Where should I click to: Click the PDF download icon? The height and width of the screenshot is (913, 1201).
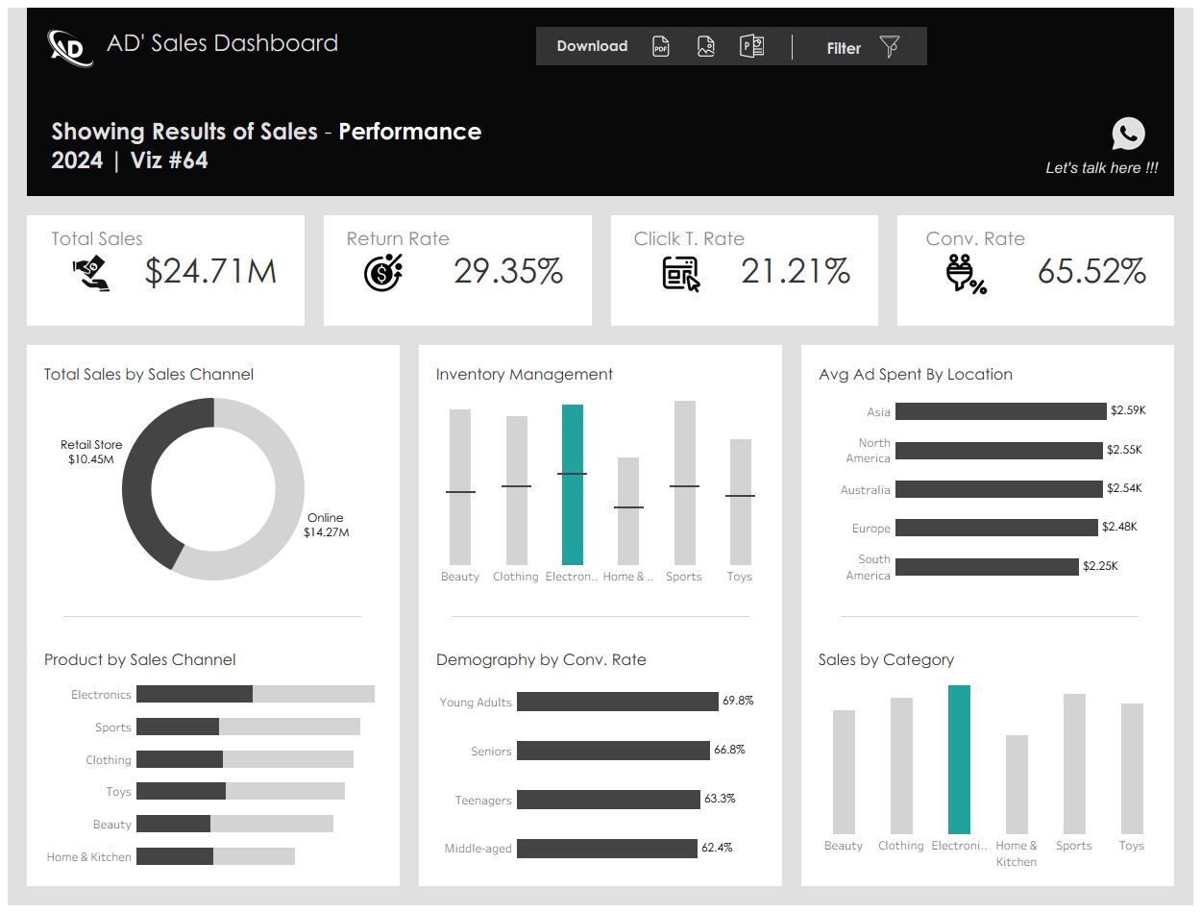tap(660, 46)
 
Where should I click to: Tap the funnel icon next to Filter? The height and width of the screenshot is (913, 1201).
tap(889, 46)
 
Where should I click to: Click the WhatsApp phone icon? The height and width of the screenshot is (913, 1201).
tap(1128, 134)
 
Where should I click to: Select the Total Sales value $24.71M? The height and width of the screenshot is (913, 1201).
tap(210, 271)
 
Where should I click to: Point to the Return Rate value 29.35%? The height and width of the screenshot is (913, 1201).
tap(507, 271)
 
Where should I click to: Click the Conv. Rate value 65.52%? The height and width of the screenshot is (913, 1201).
tap(1091, 271)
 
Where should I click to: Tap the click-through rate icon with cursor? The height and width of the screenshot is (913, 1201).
tap(681, 274)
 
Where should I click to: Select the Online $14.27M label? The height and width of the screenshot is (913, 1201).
tap(326, 525)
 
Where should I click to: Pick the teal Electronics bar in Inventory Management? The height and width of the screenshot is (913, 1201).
tap(573, 484)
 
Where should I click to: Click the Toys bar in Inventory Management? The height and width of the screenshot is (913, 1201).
tap(741, 502)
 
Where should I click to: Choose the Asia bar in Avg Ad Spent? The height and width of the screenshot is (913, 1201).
tap(1001, 411)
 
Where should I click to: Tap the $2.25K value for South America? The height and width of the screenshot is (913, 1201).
tap(1100, 566)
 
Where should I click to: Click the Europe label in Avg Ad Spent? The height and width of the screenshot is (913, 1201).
tap(871, 529)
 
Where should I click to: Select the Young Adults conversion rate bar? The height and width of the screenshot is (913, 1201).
tap(617, 702)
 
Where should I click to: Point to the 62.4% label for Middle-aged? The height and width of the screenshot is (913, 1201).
tap(717, 848)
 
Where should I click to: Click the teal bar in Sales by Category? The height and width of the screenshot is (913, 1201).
tap(959, 759)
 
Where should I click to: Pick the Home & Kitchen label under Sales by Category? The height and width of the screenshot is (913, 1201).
tap(1017, 853)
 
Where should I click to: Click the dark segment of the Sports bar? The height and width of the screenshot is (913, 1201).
tap(178, 727)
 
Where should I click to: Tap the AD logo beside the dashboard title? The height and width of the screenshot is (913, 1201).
tap(70, 48)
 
